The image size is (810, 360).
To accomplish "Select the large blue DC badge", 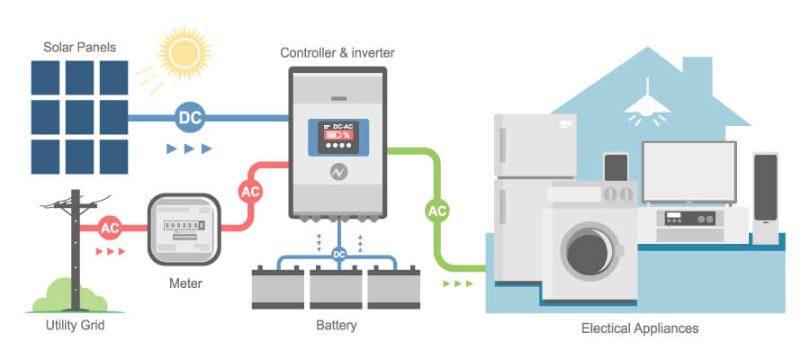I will [190, 117].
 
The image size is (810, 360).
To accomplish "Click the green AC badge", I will [437, 211].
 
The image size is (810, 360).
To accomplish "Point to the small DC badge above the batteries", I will [338, 254].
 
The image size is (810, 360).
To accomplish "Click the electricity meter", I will [184, 231].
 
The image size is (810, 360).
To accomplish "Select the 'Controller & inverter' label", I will [337, 53].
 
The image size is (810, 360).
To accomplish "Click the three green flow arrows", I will [457, 283].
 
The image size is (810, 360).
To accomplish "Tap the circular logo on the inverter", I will [338, 172].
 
